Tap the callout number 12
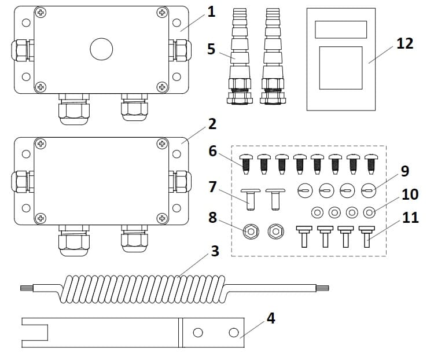point(404,43)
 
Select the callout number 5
point(211,49)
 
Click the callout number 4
point(270,318)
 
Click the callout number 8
point(213,217)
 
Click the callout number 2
point(212,123)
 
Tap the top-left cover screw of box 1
point(41,12)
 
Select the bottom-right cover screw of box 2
point(163,218)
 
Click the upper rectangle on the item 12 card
point(341,29)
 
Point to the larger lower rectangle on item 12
point(341,68)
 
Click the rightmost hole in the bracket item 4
point(234,332)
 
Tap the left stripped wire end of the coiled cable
point(27,288)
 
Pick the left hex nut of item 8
point(249,232)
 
